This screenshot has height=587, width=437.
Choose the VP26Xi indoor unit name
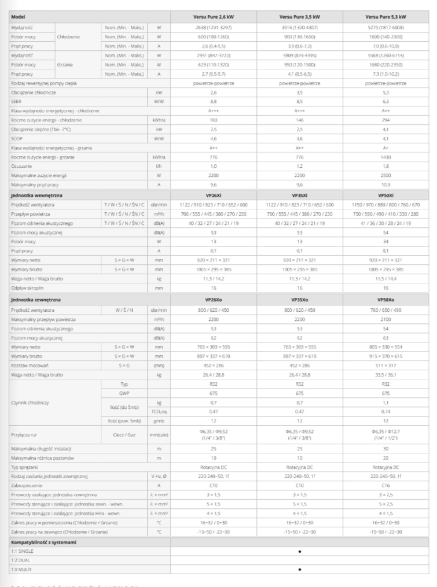(212, 196)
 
